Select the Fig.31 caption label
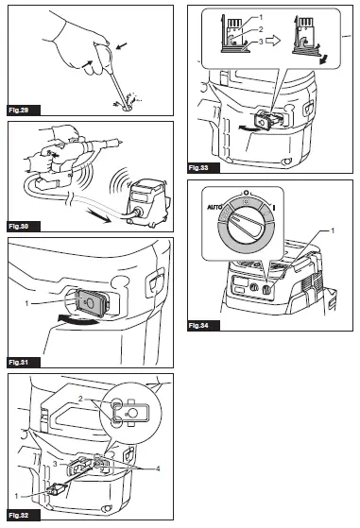click(20, 362)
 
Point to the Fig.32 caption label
click(20, 516)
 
